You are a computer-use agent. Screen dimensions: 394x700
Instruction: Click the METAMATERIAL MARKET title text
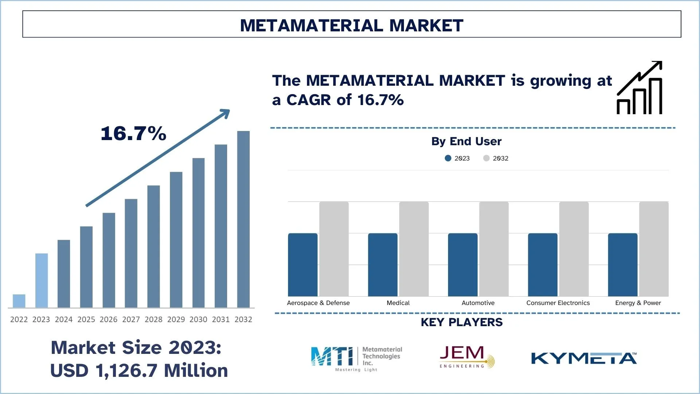coord(351,26)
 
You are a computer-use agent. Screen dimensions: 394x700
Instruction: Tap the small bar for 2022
coord(19,301)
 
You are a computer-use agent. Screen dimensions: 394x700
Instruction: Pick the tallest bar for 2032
coord(243,219)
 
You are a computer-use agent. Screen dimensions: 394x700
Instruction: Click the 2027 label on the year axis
coord(131,320)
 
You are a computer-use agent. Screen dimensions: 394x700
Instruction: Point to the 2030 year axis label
coord(198,320)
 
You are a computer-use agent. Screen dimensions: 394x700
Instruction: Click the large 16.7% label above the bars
coord(133,134)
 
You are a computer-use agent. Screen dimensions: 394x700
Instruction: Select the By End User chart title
coord(466,142)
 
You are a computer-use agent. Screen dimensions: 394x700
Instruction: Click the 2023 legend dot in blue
coord(448,158)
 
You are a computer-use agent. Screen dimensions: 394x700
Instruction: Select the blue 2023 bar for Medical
coord(382,264)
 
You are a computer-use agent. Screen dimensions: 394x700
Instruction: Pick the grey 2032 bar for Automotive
coord(494,249)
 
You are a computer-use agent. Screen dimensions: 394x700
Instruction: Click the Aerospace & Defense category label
coord(318,303)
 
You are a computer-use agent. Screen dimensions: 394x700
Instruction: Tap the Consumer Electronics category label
coord(558,303)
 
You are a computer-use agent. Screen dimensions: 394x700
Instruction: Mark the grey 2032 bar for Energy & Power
coord(654,249)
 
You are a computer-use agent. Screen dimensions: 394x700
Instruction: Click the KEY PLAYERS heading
coord(462,322)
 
